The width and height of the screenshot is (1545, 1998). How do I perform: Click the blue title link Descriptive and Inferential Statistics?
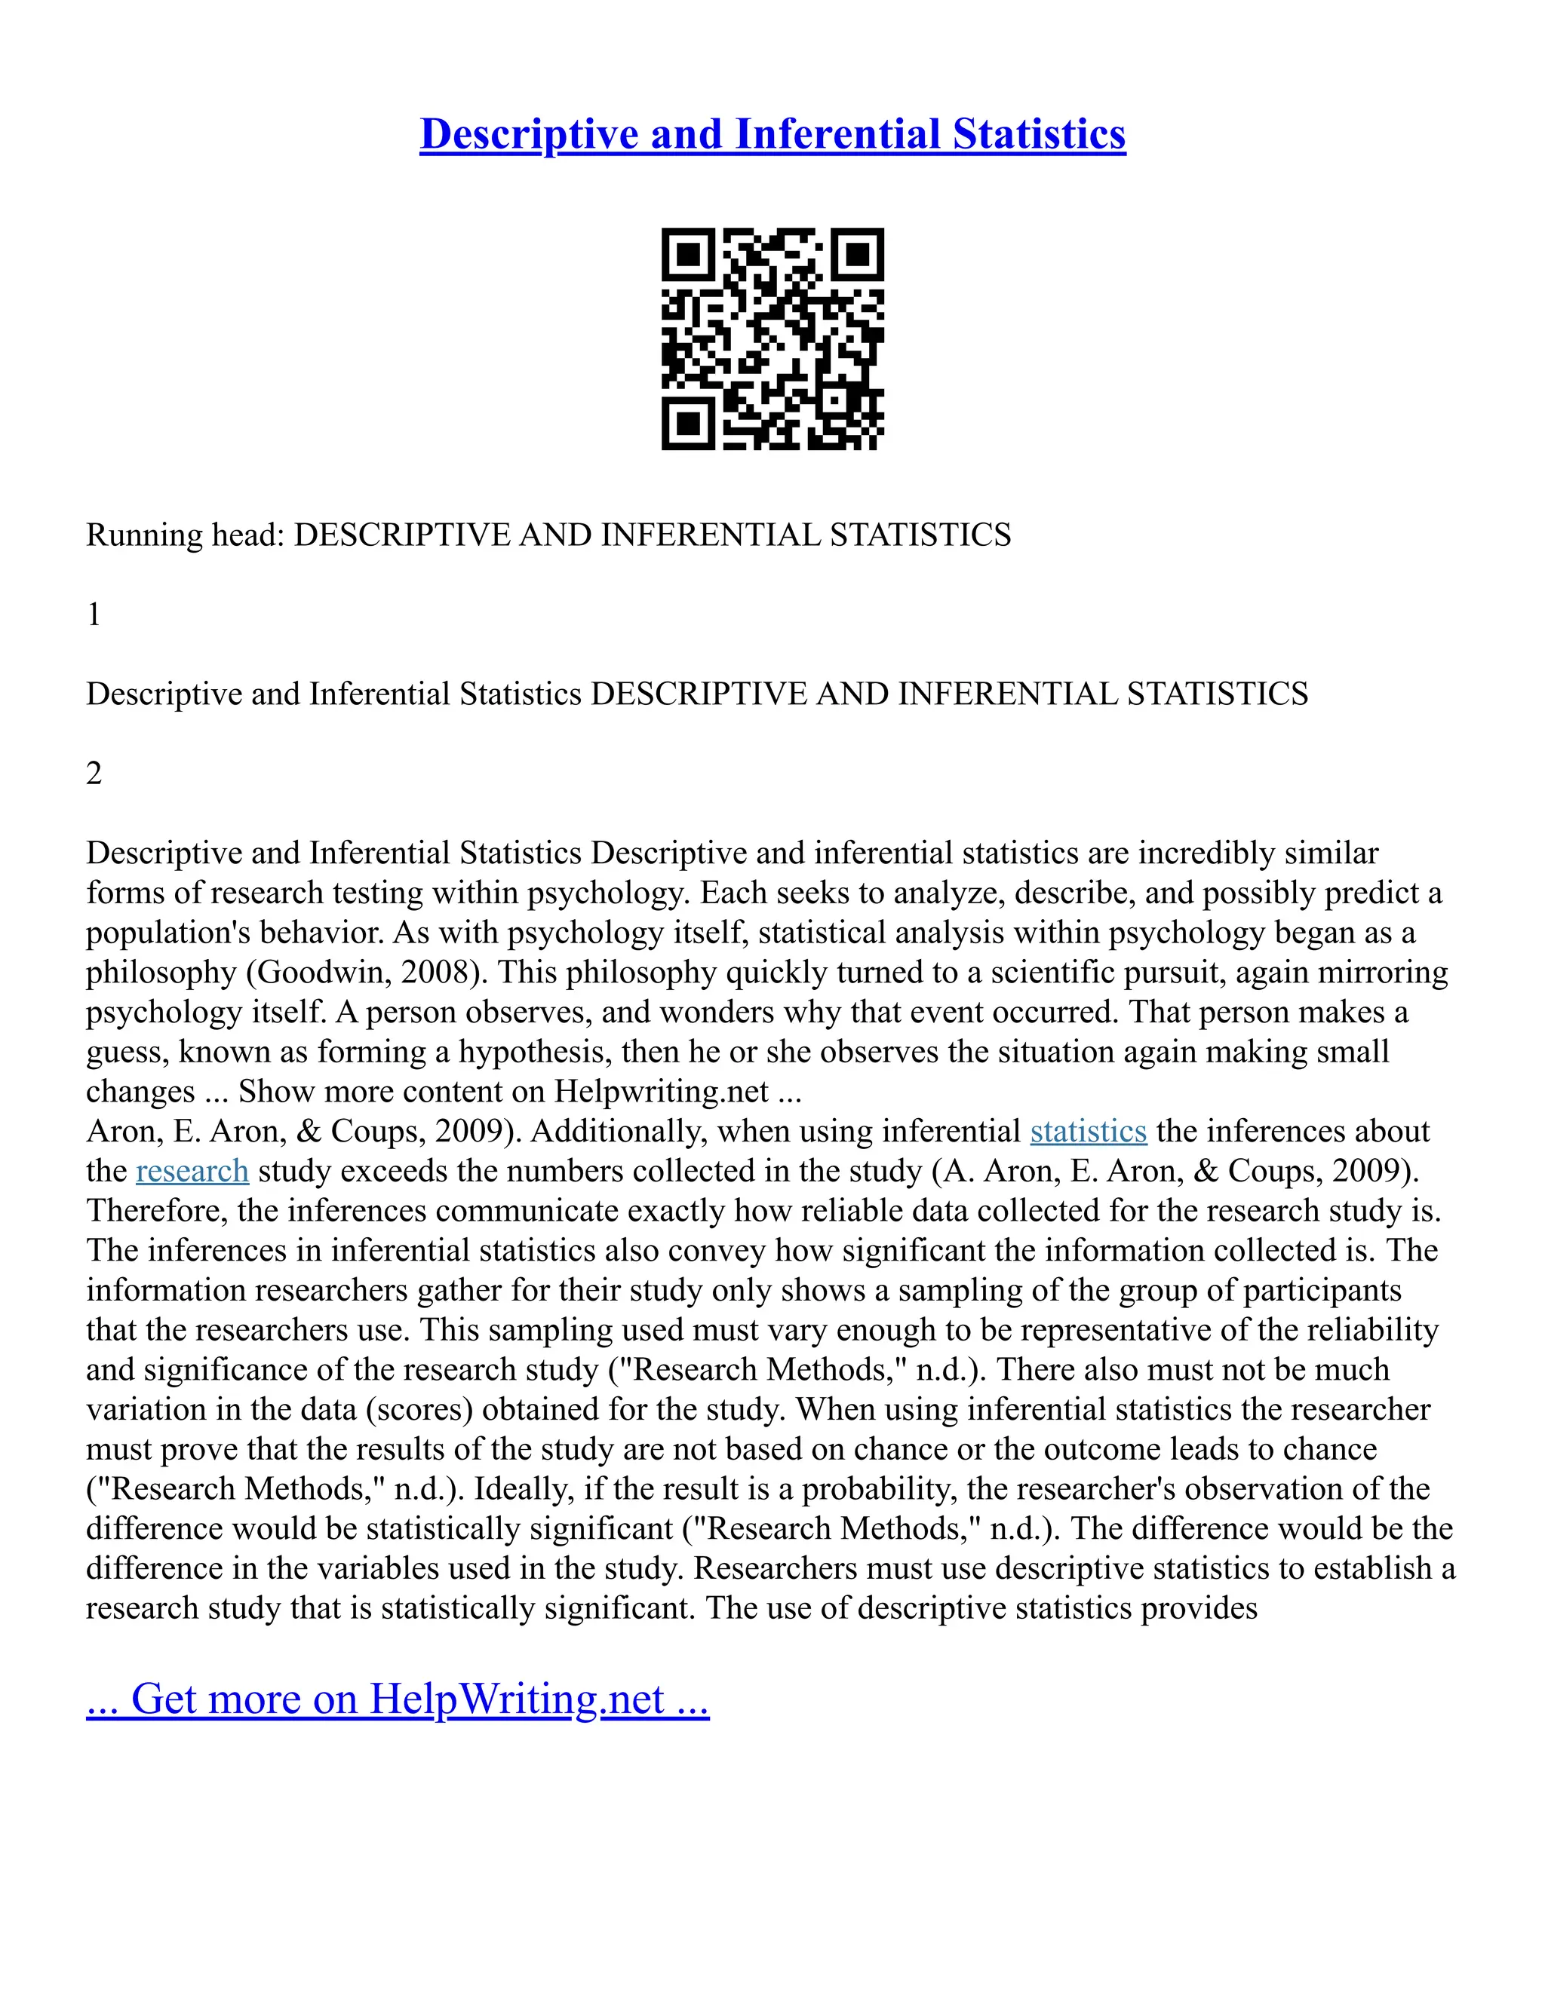click(x=772, y=133)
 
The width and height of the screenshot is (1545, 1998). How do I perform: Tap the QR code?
click(x=772, y=339)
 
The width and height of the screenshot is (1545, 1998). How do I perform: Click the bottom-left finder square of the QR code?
click(x=687, y=424)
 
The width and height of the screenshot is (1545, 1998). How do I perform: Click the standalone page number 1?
click(x=94, y=614)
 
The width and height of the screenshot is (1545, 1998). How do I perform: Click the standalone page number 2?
click(x=94, y=774)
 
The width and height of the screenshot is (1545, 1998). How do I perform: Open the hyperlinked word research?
click(x=192, y=1171)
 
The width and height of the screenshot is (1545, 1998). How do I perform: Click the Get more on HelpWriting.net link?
click(x=398, y=1699)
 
